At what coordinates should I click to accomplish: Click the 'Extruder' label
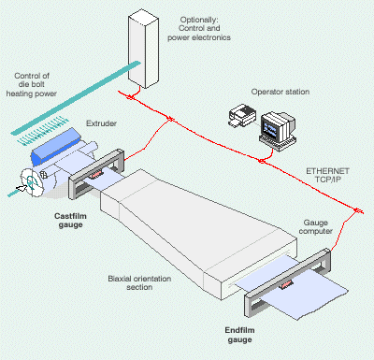point(101,123)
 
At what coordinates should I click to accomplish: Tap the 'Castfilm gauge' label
point(70,221)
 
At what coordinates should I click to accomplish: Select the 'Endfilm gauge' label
point(239,335)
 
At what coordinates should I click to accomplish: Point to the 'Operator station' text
point(280,92)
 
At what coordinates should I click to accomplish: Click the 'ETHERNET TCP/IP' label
point(327,175)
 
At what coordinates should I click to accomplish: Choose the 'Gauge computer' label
point(316,227)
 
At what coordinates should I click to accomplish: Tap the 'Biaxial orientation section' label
point(139,282)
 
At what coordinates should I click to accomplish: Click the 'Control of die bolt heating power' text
point(32,84)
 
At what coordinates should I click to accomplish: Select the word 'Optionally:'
point(199,20)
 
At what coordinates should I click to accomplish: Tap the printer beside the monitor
point(242,116)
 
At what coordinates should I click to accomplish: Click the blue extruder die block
point(55,147)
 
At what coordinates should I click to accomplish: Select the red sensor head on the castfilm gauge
point(96,174)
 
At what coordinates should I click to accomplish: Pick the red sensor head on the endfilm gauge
point(286,284)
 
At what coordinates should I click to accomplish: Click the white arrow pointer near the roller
point(22,188)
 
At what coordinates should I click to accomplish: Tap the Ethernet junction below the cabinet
point(131,97)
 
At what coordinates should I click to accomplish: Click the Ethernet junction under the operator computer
point(262,161)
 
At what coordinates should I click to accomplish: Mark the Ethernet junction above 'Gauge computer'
point(357,210)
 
